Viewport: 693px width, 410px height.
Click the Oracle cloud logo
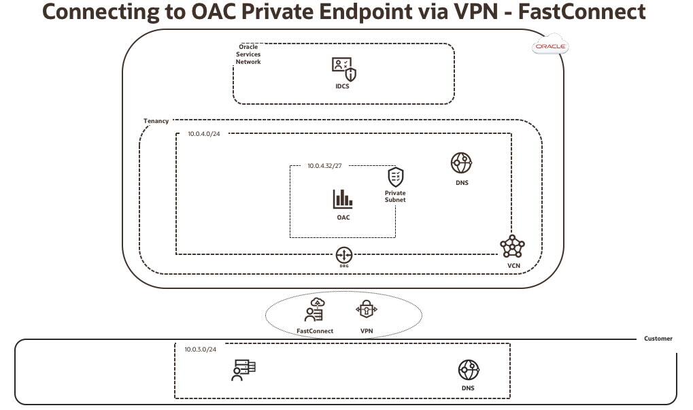550,47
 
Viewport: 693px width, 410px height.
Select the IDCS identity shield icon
343,69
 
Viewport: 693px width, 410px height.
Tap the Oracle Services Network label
248,54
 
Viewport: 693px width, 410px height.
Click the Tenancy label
156,121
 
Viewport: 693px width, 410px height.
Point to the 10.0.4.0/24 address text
204,134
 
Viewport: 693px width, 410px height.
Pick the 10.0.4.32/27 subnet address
324,165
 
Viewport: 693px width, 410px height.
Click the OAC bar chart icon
343,199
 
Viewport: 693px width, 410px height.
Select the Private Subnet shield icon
395,177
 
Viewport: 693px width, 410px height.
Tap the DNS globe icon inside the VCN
461,163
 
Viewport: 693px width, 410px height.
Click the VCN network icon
512,245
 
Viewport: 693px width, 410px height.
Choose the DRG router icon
344,256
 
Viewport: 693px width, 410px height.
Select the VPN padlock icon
366,309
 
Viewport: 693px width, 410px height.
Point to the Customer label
658,338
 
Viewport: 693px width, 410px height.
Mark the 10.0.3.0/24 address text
201,349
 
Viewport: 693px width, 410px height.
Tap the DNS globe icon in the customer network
468,371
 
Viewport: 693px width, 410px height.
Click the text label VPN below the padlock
366,331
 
